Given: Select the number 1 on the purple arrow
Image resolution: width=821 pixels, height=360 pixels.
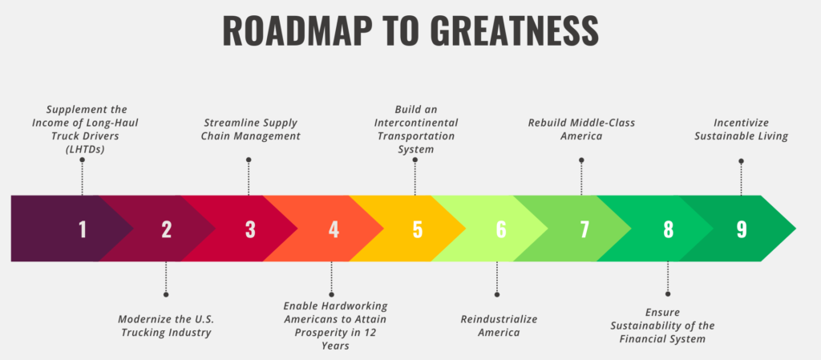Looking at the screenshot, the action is pos(83,229).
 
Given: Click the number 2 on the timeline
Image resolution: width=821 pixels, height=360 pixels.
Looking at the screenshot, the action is pos(167,229).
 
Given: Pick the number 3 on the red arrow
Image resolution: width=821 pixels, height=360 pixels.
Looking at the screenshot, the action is pos(250,229).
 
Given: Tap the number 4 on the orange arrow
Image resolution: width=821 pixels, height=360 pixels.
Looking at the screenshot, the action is pos(334,229).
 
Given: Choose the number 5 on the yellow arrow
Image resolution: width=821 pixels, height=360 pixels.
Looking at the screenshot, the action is pos(417,229).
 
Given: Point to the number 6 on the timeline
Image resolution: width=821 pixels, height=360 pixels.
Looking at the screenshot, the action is pos(501,229).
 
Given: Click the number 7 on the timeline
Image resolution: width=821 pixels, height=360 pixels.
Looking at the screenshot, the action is pos(584,229).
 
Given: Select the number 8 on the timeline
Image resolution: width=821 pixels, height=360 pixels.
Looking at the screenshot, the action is pos(668,229).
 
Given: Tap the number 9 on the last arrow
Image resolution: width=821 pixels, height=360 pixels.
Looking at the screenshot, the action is pos(742,229).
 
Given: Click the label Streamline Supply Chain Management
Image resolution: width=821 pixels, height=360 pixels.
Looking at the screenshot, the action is pos(252,130).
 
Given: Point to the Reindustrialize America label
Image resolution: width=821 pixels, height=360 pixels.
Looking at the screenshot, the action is pos(499,326).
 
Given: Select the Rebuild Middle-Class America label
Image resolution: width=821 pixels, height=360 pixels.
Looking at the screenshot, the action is pos(581,130).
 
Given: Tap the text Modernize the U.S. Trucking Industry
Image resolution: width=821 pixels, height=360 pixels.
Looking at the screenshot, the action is pos(166,326).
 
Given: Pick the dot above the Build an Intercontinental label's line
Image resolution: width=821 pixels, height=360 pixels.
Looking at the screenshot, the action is pos(415,160).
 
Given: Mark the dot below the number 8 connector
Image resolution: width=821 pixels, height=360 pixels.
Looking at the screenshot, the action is pos(668,294).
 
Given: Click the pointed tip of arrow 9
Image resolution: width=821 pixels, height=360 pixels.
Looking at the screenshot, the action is pos(795,229).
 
